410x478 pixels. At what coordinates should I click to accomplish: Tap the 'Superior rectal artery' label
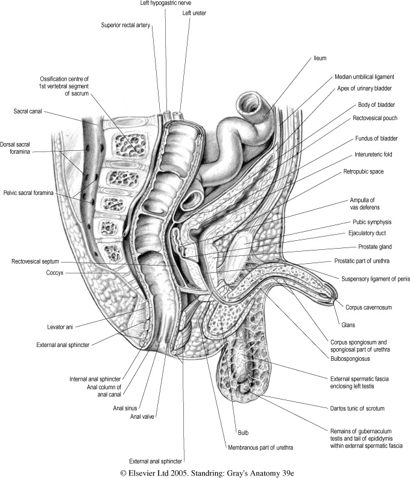click(x=125, y=25)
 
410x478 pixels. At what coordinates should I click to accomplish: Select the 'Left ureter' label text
click(x=194, y=13)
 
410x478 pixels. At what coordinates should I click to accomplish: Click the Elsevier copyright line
click(x=205, y=470)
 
